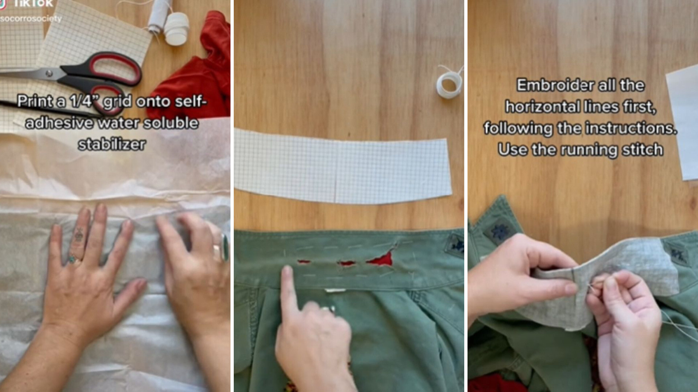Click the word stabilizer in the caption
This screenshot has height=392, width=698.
112,144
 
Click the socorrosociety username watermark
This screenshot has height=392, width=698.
31,19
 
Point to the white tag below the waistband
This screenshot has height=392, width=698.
335,290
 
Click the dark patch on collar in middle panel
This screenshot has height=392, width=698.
456,245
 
